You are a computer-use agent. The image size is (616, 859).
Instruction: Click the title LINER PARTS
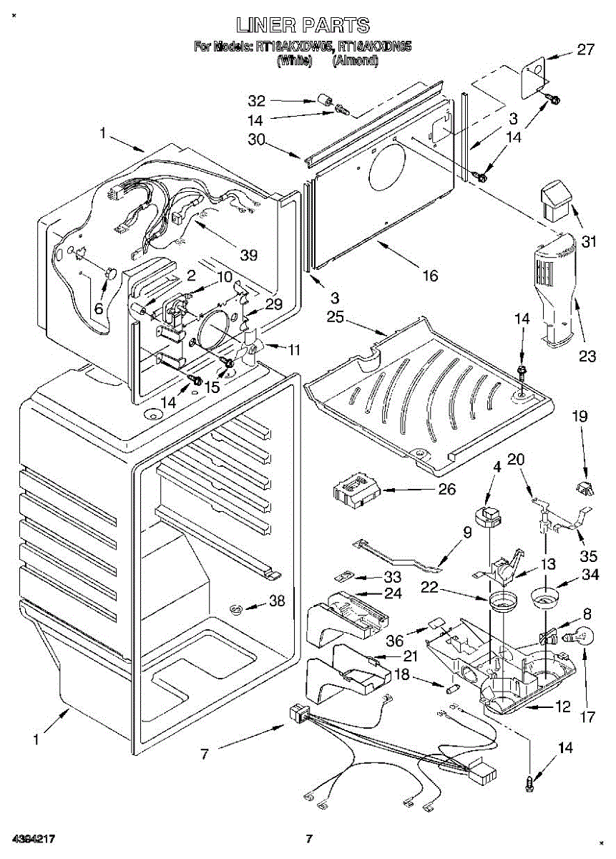303,26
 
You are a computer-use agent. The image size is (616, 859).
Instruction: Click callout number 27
586,50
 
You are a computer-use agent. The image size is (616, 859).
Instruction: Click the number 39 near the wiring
249,255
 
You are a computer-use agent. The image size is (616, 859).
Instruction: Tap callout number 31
588,242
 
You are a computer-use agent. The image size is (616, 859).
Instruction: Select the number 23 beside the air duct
588,356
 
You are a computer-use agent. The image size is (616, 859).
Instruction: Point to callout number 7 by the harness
205,754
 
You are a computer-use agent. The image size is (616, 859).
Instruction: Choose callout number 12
563,707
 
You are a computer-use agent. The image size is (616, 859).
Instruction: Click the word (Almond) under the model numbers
355,62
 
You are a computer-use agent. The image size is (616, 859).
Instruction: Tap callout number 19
580,415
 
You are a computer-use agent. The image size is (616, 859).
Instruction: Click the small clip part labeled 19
585,489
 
